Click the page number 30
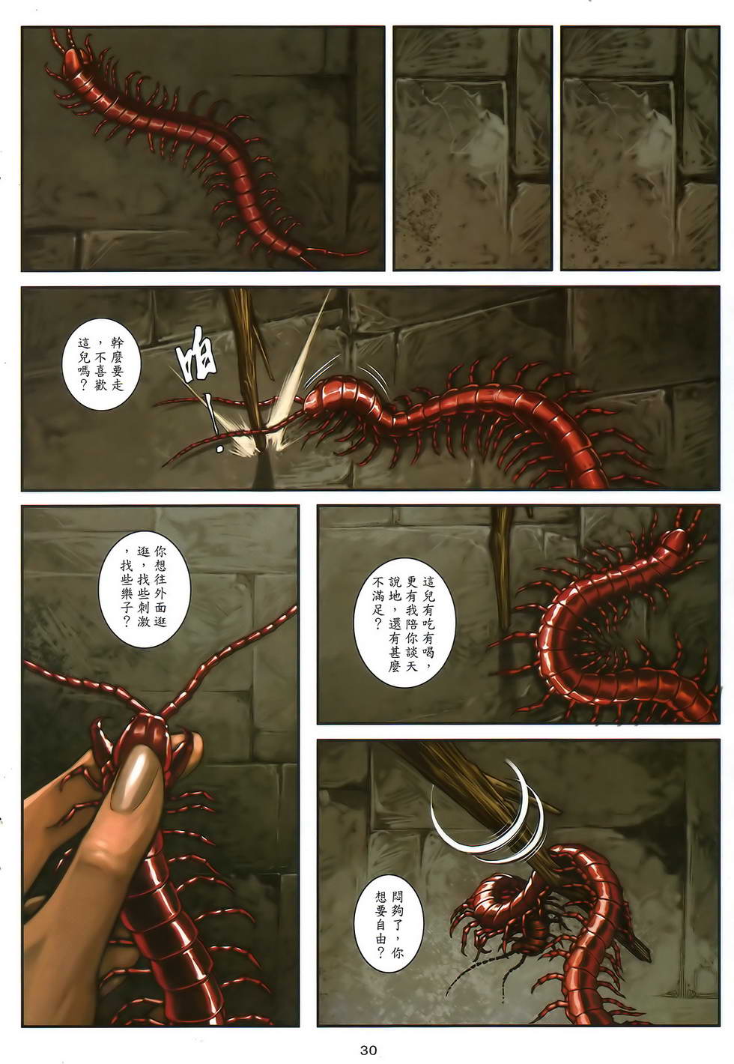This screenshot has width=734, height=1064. (368, 1049)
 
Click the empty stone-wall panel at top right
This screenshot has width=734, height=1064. (640, 148)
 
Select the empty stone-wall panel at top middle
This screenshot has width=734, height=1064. (473, 148)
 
